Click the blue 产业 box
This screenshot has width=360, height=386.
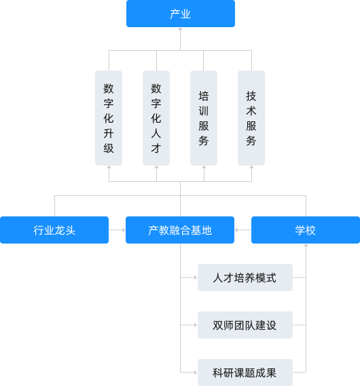pyautogui.click(x=181, y=14)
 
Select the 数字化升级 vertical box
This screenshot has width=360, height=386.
pyautogui.click(x=109, y=118)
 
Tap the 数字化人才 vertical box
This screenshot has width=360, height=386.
pyautogui.click(x=156, y=118)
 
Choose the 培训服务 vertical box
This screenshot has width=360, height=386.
pyautogui.click(x=204, y=118)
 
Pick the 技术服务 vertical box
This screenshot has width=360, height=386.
pyautogui.click(x=251, y=118)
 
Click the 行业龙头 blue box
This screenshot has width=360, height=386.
pyautogui.click(x=54, y=230)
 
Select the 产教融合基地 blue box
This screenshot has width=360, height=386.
pyautogui.click(x=180, y=230)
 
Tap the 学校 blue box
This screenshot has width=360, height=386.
pyautogui.click(x=306, y=230)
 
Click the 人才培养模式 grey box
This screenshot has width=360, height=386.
pyautogui.click(x=245, y=277)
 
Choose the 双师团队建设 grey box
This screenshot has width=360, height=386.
pyautogui.click(x=245, y=325)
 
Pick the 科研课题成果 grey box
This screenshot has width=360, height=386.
pyautogui.click(x=245, y=372)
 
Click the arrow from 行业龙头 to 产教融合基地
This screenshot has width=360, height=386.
pyautogui.click(x=118, y=230)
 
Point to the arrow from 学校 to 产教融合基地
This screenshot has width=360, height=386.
pyautogui.click(x=242, y=230)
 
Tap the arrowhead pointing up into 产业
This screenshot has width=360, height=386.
pyautogui.click(x=181, y=29)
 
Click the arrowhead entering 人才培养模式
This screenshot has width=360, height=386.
pyautogui.click(x=196, y=277)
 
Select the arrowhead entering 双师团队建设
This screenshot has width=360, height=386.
pyautogui.click(x=196, y=325)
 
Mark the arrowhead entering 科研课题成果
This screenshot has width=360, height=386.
pyautogui.click(x=196, y=372)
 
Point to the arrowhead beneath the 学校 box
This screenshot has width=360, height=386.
pyautogui.click(x=306, y=246)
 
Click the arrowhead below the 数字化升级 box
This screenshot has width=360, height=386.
pyautogui.click(x=109, y=168)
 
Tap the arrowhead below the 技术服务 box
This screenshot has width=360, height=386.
pyautogui.click(x=251, y=168)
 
